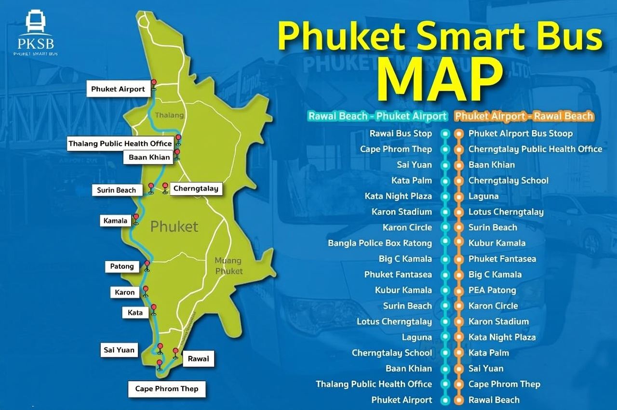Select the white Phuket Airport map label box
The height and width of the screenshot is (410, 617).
(x=118, y=89)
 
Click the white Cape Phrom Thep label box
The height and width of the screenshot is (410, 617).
(x=166, y=389)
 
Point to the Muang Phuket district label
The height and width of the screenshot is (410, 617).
(x=228, y=266)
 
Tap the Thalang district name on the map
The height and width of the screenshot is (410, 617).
(x=169, y=116)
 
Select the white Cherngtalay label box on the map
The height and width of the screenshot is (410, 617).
(x=196, y=188)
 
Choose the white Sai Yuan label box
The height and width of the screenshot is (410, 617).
(x=119, y=350)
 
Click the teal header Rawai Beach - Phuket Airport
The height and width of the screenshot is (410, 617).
(x=377, y=116)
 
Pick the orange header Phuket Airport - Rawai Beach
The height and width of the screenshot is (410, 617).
(x=524, y=116)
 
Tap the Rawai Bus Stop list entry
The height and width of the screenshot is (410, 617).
(x=401, y=133)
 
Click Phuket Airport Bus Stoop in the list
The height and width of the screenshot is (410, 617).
(x=520, y=133)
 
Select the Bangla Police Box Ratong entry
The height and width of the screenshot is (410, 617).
(x=380, y=243)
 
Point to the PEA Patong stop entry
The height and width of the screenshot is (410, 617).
(x=492, y=290)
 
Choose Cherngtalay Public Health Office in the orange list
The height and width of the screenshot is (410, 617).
(x=535, y=149)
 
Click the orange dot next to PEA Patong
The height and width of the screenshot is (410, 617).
(x=459, y=290)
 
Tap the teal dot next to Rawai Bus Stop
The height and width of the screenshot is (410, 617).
(x=445, y=133)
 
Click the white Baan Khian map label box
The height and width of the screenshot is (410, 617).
(x=149, y=158)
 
